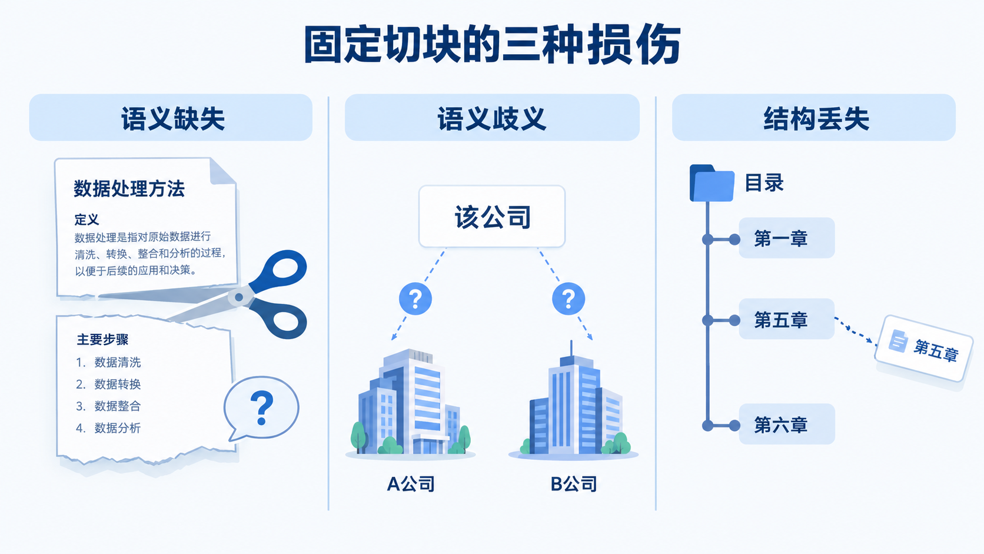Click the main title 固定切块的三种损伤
coord(492,45)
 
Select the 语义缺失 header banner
coord(171,117)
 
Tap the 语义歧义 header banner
coord(492,117)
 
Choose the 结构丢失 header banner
coord(814,117)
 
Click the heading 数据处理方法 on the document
coord(129,188)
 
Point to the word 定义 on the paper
coord(87,219)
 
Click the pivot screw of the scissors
coord(239,297)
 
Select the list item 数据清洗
coord(117,363)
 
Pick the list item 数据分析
coord(117,428)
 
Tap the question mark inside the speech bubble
coord(262,408)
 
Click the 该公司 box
coord(492,216)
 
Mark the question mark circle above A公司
coord(415,298)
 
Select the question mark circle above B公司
coord(569,298)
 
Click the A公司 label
coord(411,484)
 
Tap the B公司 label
coord(574,484)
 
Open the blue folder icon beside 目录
coord(712,183)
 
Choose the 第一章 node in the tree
coord(786,238)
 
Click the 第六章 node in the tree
coord(786,424)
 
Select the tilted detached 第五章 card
coord(924,349)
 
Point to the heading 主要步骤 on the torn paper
coord(102,340)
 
